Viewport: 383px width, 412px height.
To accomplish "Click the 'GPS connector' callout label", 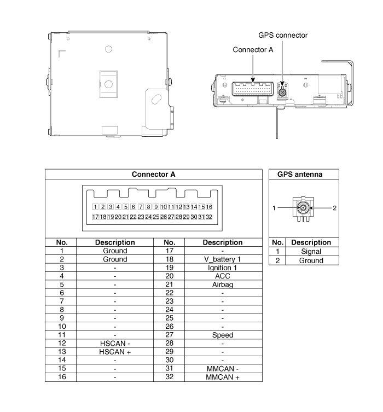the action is (283, 35).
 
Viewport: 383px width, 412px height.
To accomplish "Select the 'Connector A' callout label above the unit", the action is (253, 50).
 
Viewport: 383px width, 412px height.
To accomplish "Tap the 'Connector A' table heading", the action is (153, 174).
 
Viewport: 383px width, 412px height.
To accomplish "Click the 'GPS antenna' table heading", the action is (300, 174).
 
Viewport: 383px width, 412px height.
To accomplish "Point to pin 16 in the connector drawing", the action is (209, 207).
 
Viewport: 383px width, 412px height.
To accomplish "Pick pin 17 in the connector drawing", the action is (95, 217).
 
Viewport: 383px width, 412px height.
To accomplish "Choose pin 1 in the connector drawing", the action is (95, 207).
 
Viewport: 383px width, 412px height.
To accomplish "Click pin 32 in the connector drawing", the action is (209, 217).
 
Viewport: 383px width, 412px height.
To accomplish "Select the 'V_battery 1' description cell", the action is (222, 259).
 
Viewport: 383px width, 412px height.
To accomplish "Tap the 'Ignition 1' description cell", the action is (222, 268).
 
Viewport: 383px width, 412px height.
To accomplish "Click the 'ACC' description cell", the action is (222, 276).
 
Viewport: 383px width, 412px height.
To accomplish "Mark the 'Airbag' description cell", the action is (223, 285).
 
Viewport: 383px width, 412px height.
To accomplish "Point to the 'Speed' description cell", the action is (223, 335).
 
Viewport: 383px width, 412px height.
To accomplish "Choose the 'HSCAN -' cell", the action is (115, 344).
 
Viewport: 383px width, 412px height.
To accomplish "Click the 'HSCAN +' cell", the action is (115, 352).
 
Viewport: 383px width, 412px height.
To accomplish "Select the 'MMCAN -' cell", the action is (223, 369).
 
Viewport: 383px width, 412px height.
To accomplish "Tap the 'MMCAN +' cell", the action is (223, 377).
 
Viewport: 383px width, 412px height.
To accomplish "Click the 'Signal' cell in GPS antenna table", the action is (311, 252).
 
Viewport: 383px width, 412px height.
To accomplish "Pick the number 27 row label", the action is (170, 335).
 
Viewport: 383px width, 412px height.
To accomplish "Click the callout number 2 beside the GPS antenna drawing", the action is (334, 208).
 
